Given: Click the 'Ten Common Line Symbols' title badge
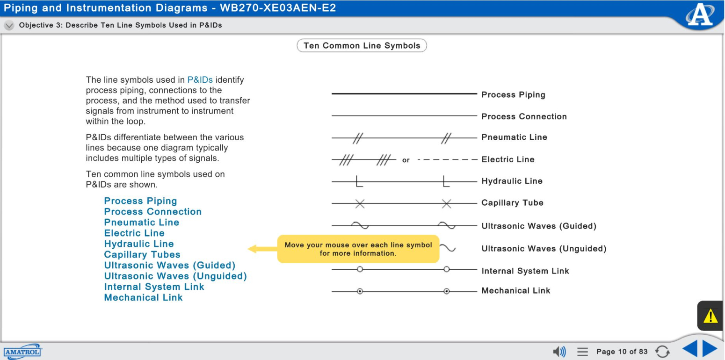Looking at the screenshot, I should click(362, 46).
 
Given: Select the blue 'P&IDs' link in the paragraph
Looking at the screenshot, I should click(200, 80).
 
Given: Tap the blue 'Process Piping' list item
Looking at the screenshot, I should click(140, 201).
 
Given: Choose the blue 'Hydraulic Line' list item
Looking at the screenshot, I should click(139, 244).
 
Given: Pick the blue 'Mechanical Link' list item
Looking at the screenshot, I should click(143, 298).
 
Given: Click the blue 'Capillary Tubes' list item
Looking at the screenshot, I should click(142, 255).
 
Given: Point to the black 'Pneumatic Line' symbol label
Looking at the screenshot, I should click(514, 137).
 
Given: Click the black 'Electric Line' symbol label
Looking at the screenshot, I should click(507, 159).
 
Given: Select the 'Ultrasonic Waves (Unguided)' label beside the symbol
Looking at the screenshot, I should click(544, 249).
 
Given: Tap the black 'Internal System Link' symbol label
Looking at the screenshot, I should click(525, 271).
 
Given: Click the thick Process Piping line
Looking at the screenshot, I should click(404, 94).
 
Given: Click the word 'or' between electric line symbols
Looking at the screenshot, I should click(406, 160).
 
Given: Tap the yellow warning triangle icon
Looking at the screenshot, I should click(710, 317).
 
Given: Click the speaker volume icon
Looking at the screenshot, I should click(559, 351).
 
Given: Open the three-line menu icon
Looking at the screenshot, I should click(582, 352).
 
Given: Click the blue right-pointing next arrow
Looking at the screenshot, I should click(710, 349).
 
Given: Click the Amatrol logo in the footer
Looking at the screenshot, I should click(22, 352).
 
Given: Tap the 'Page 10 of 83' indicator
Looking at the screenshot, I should click(622, 352).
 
